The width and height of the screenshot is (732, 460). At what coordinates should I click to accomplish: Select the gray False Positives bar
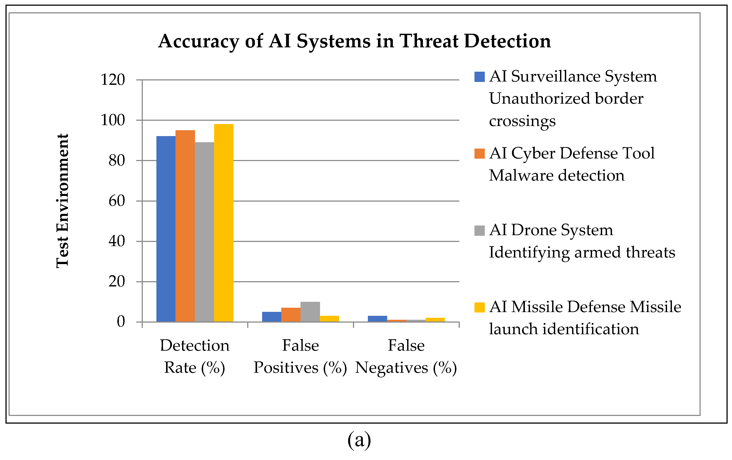(x=310, y=312)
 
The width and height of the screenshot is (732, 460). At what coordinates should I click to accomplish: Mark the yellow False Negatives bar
(x=435, y=320)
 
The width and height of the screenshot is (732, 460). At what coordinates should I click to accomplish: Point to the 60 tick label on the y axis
(x=117, y=201)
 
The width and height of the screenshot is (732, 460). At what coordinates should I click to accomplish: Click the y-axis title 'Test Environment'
(x=63, y=200)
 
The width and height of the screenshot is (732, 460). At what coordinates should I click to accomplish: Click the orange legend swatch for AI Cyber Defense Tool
(x=479, y=153)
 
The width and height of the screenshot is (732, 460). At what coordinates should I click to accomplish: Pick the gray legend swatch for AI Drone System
(x=479, y=231)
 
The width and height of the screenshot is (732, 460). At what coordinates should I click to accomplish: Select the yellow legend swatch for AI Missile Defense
(x=479, y=307)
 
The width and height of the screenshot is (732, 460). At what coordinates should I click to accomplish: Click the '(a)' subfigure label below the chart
(x=359, y=440)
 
